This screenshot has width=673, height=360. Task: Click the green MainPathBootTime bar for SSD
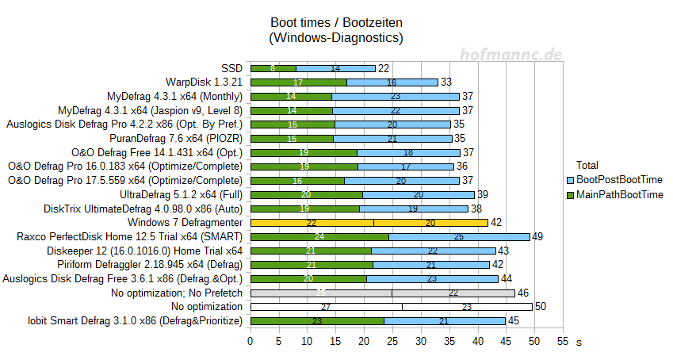coord(273,68)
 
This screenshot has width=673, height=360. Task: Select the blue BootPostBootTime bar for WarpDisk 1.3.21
coord(392,82)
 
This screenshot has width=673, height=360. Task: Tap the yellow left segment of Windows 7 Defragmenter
coord(312,223)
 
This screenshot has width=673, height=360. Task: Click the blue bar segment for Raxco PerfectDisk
coord(459,236)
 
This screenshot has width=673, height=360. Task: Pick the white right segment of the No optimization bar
coord(467,307)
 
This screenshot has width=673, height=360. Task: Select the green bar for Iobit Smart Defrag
coord(317,321)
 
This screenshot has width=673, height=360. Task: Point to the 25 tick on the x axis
coord(392,341)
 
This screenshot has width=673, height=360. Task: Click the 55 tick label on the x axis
coord(563,341)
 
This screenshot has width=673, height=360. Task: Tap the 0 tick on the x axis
coord(250,341)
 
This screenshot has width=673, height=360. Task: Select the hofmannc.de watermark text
coord(512,54)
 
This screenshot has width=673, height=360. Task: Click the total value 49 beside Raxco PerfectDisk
coord(538,236)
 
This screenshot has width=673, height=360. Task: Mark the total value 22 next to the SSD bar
coord(383,68)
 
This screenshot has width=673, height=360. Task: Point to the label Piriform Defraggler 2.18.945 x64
coord(150,265)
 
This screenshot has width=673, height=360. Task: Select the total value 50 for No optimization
coord(541,307)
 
